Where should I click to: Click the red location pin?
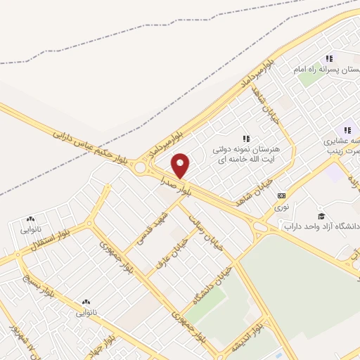181,166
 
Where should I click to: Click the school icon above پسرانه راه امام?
329,59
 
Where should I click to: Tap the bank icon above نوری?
281,195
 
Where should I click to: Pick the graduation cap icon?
321,215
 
